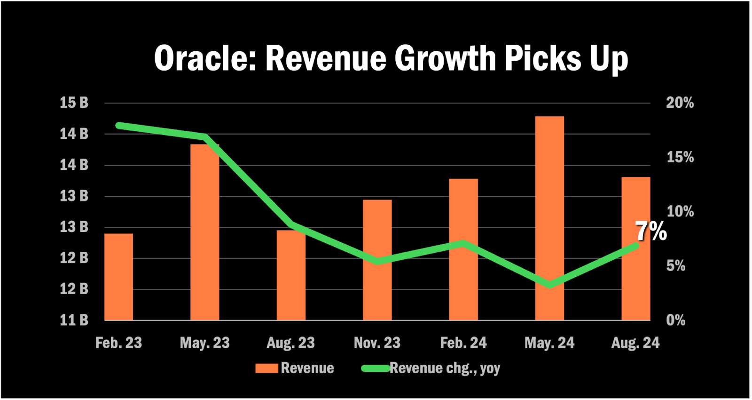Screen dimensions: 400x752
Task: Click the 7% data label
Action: [x=651, y=231]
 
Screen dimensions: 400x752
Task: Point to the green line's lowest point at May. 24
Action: [x=549, y=285]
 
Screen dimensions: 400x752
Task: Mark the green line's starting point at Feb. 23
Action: [x=119, y=126]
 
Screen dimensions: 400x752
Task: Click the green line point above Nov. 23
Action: [x=377, y=261]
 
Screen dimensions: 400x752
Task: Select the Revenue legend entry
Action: [x=295, y=368]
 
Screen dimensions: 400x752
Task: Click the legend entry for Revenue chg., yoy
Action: [x=431, y=368]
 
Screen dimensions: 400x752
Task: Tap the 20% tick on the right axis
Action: [x=680, y=103]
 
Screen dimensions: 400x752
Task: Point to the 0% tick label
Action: [x=675, y=320]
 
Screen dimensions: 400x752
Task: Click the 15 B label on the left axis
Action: [x=74, y=103]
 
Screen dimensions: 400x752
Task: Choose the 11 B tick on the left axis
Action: [x=74, y=320]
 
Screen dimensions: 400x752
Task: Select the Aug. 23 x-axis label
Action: [x=290, y=343]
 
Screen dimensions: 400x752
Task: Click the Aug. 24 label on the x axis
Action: [x=635, y=343]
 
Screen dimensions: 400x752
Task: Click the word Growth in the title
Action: [x=445, y=59]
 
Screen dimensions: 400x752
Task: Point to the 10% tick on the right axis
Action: [x=680, y=211]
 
